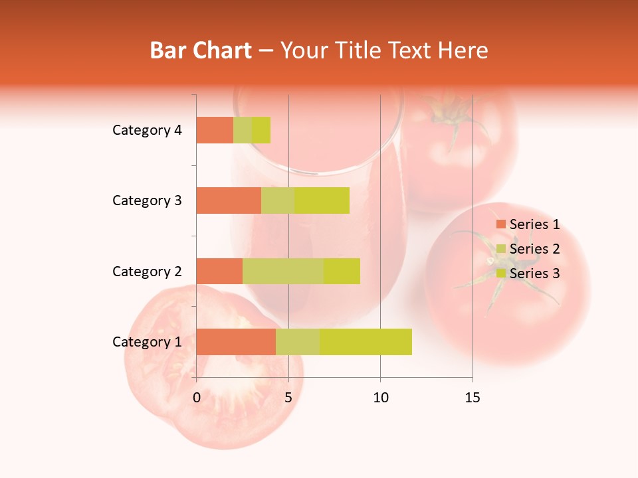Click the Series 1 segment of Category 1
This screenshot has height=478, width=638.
click(x=236, y=342)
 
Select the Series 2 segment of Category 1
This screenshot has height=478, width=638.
click(x=298, y=342)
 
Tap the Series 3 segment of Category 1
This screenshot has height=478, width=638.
click(x=366, y=342)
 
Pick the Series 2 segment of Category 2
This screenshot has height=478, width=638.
click(x=283, y=271)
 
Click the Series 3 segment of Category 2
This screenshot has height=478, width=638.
click(x=342, y=271)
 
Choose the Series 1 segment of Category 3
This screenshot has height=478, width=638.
click(x=229, y=200)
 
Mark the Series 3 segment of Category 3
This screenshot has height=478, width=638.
click(x=322, y=200)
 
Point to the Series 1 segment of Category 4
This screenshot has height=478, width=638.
click(x=215, y=130)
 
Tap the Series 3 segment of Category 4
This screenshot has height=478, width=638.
click(x=261, y=130)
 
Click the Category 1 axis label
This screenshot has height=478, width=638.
click(x=147, y=342)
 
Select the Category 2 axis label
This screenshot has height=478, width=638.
click(x=147, y=272)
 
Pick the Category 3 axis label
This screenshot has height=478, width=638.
click(x=147, y=200)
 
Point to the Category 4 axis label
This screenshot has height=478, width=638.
click(x=147, y=130)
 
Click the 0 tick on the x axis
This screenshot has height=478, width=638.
click(x=197, y=398)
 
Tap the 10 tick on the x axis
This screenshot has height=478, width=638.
click(x=380, y=398)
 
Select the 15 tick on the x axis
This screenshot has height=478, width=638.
click(x=473, y=398)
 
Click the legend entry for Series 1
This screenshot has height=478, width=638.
click(x=528, y=224)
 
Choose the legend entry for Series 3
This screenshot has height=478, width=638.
click(x=528, y=274)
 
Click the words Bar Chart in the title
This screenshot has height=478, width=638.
click(x=201, y=50)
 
